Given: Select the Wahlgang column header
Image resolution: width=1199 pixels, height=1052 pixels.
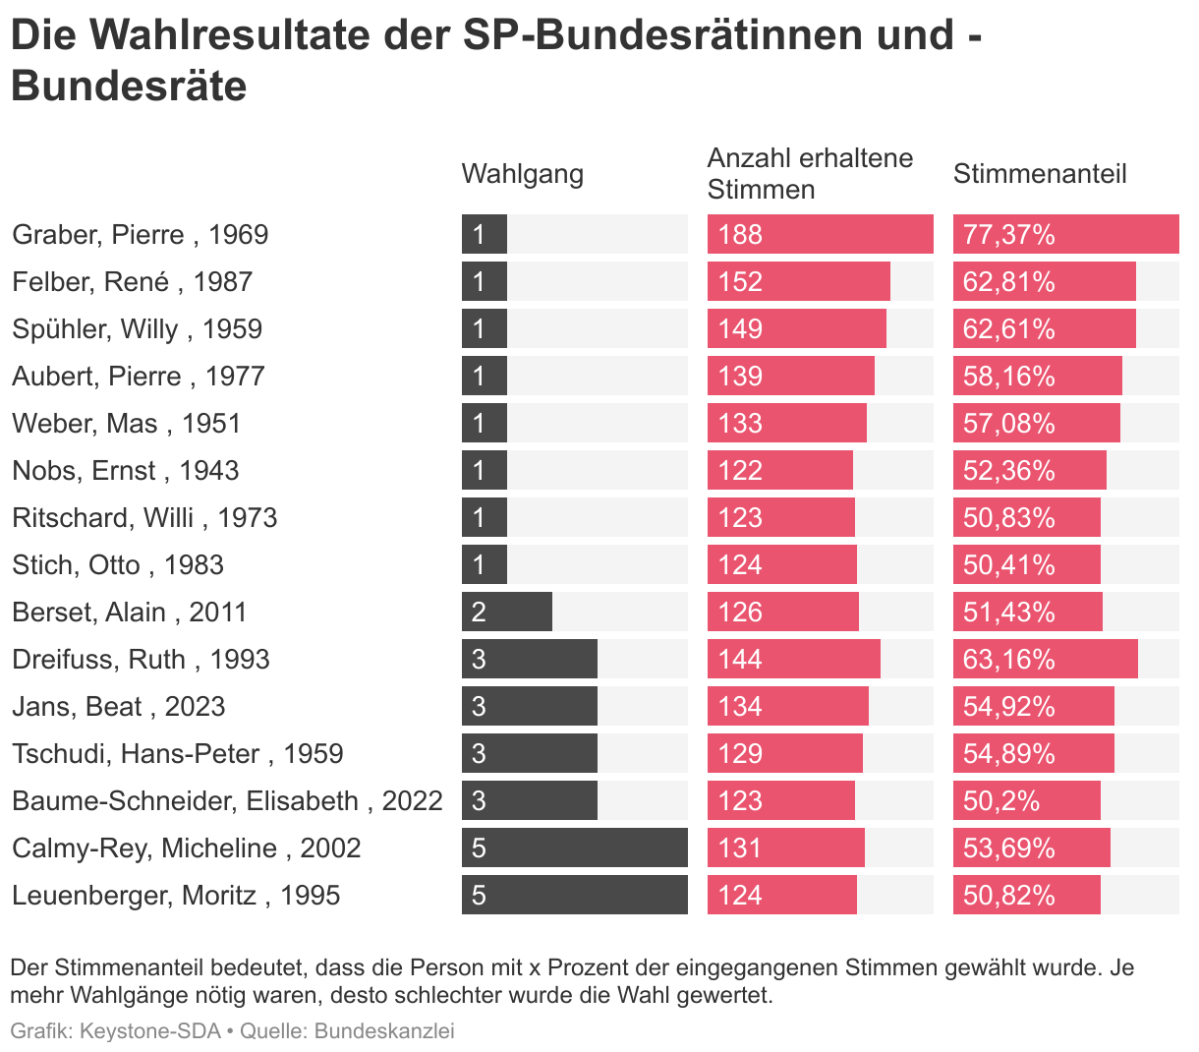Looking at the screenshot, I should [522, 174].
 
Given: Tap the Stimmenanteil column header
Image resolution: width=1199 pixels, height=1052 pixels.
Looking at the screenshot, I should [1040, 174].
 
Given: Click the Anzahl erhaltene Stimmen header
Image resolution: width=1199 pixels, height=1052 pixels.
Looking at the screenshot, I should [810, 174].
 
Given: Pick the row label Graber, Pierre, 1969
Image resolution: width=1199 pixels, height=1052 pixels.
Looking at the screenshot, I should [140, 235].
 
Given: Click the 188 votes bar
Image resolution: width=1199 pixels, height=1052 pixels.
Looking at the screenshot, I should [820, 235].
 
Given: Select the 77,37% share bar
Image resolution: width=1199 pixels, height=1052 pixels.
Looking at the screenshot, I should [1065, 235].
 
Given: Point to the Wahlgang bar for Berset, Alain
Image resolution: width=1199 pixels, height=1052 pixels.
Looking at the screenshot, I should [506, 613].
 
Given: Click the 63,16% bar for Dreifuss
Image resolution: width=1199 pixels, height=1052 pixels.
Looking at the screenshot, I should [1045, 660].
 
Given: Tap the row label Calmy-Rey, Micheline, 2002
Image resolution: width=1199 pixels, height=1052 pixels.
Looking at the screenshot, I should [186, 848].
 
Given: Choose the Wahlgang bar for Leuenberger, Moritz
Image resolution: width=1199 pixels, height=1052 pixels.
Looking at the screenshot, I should [574, 896].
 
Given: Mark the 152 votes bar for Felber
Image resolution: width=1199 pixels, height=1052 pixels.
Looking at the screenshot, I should [798, 282].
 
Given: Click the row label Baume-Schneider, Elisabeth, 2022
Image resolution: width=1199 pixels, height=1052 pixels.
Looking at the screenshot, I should [227, 801].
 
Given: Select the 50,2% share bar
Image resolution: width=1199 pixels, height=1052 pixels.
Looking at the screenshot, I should [1026, 801].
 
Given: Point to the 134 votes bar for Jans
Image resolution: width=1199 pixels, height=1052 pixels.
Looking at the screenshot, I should [787, 707].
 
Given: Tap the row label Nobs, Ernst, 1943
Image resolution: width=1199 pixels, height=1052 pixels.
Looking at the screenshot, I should [125, 471].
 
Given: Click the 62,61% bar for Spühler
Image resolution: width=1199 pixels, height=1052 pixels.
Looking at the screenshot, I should [1044, 329].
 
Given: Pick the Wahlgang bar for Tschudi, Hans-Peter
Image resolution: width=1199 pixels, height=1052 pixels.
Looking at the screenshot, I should [529, 754].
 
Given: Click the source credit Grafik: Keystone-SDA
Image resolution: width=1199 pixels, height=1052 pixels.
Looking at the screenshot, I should [115, 1031].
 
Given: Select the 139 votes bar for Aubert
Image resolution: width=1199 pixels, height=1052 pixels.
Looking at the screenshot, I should [790, 377].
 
